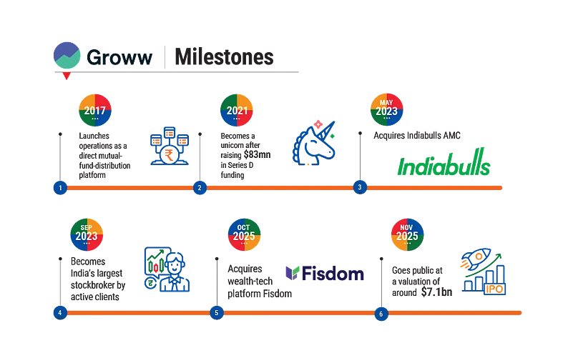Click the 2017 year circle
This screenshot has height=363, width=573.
(95, 110)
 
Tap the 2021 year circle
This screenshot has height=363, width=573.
(237, 110)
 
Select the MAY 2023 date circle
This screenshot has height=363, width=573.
(386, 110)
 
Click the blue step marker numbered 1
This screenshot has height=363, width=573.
(60, 188)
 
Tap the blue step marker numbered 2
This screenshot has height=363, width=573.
(200, 188)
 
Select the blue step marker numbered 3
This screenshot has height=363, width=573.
(360, 188)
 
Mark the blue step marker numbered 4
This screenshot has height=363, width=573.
(60, 313)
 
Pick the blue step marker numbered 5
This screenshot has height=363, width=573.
(217, 313)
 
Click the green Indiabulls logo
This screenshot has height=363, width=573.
(444, 164)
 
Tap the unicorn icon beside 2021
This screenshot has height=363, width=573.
(315, 143)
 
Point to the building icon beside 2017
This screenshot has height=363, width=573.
(170, 146)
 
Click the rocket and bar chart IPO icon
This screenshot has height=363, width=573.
(483, 272)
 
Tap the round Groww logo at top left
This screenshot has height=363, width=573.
(67, 56)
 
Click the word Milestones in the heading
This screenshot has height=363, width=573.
(224, 58)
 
